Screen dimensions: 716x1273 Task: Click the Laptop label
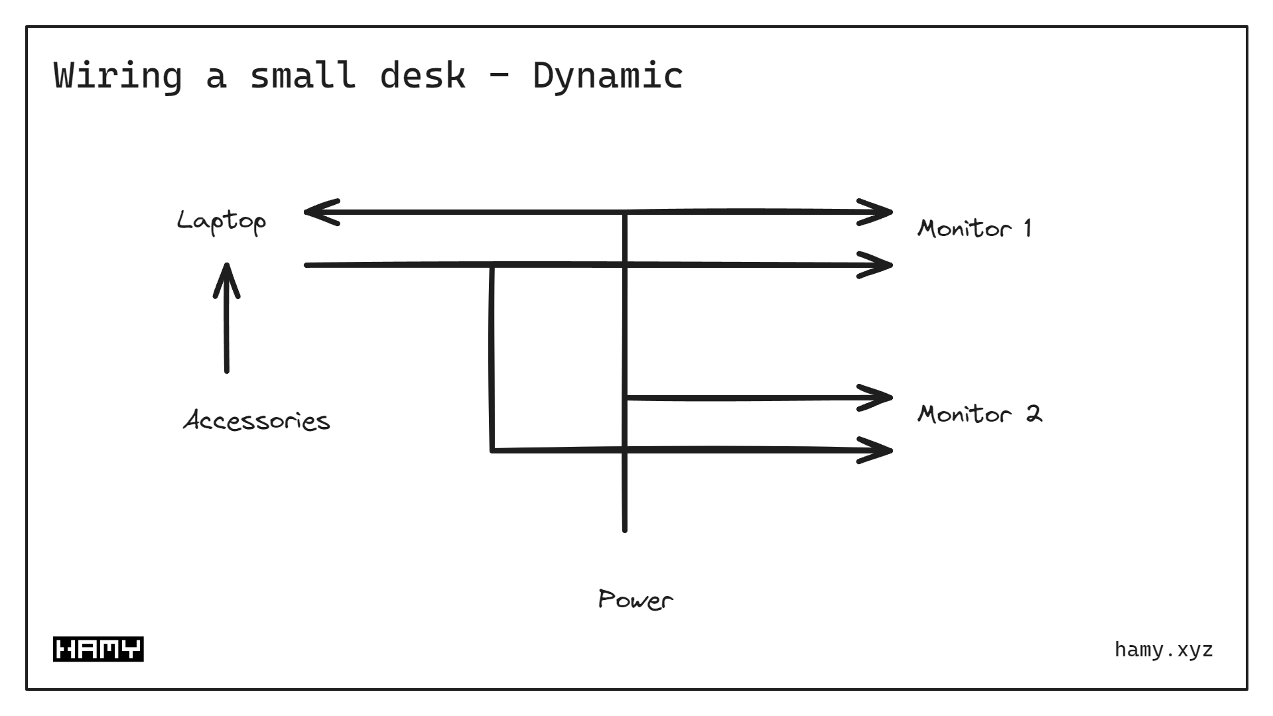click(x=222, y=221)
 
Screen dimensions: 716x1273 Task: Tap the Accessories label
click(x=257, y=420)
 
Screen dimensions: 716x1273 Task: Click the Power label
click(x=635, y=600)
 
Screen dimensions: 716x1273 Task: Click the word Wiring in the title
click(x=117, y=75)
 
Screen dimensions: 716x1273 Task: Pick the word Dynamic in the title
click(x=608, y=75)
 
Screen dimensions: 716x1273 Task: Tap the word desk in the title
click(x=423, y=75)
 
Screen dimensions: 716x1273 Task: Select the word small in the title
click(x=302, y=75)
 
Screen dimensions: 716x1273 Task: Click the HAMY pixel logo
click(x=98, y=649)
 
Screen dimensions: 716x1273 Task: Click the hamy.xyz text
click(x=1164, y=650)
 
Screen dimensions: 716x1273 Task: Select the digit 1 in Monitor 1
click(x=1027, y=228)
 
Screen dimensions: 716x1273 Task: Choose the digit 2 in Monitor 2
click(x=1034, y=414)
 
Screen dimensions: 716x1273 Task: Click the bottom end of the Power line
click(x=624, y=528)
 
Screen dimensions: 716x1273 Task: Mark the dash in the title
click(x=499, y=75)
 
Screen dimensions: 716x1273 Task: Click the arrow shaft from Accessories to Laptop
click(x=226, y=331)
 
